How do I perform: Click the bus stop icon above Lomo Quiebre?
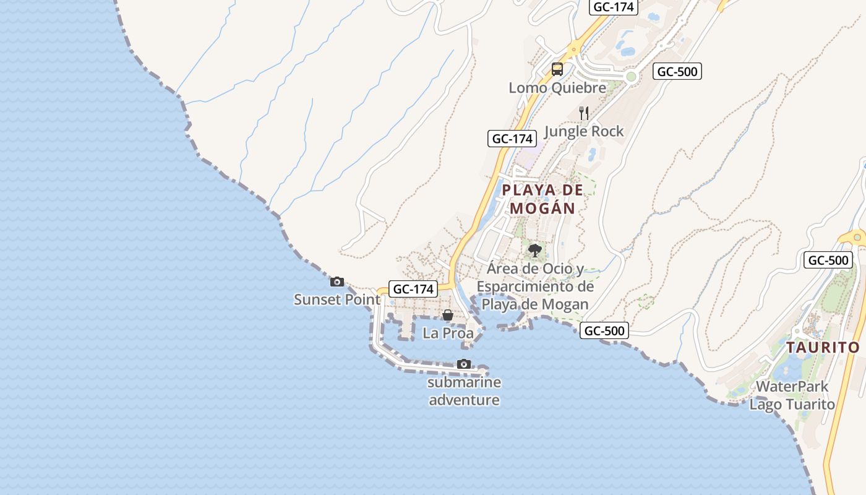click(557, 69)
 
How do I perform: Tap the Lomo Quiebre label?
click(557, 88)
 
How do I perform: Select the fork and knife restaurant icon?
click(584, 113)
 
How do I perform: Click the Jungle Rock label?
click(583, 131)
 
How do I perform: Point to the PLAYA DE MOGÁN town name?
click(542, 199)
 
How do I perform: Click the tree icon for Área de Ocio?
click(534, 251)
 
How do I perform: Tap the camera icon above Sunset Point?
click(337, 282)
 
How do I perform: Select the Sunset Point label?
click(337, 299)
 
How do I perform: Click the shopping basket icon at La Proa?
click(448, 316)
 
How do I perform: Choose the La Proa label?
click(448, 333)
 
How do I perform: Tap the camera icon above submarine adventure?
click(463, 364)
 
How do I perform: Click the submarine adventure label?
click(464, 391)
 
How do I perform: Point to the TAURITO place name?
click(823, 347)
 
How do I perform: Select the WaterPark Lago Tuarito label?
click(792, 395)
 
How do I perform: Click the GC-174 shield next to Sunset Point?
click(413, 288)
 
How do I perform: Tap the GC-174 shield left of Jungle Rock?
click(512, 139)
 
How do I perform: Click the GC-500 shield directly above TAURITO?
click(828, 260)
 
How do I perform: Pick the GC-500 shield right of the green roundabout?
click(677, 71)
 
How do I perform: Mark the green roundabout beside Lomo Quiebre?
click(631, 77)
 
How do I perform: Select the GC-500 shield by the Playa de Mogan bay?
click(604, 331)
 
